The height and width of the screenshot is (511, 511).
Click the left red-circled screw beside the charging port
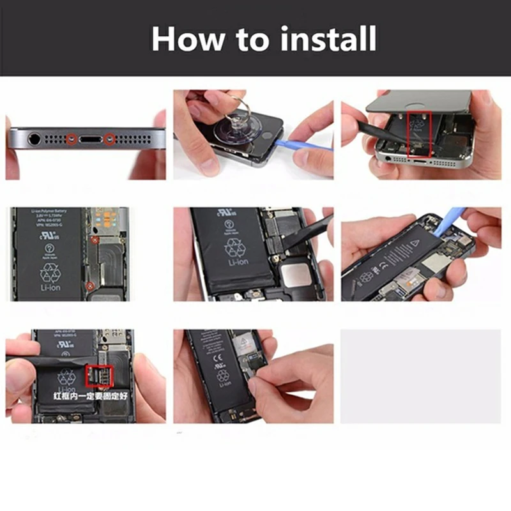[x=72, y=137]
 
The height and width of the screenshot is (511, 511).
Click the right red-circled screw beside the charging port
[x=110, y=137]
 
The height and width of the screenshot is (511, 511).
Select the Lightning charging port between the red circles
[x=91, y=137]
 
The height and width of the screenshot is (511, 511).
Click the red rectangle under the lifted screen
[x=420, y=133]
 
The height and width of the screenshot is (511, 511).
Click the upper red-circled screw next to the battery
[x=93, y=240]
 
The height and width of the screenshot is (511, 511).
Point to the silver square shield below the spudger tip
[x=298, y=275]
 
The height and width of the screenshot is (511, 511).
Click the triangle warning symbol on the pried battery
[x=414, y=244]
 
